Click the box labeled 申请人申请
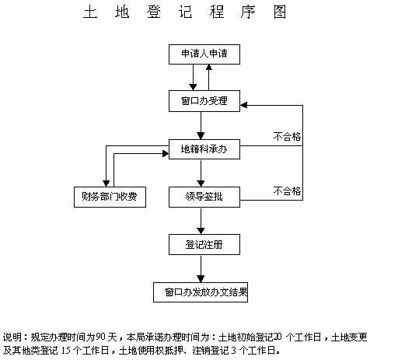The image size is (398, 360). (x=204, y=54)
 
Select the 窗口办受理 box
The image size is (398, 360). (x=204, y=101)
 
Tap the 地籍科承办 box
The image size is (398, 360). (x=204, y=149)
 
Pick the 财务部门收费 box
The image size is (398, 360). (x=110, y=197)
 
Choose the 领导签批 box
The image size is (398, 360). (x=204, y=197)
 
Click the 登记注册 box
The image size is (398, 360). (x=204, y=245)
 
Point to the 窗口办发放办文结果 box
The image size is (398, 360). (x=201, y=292)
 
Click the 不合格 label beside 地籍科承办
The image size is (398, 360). (x=287, y=137)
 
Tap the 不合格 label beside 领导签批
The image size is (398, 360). (x=287, y=191)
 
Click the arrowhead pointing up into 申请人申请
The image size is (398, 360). (x=209, y=68)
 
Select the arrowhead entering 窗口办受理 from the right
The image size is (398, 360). (x=243, y=105)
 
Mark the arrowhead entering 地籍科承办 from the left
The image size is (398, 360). (x=166, y=154)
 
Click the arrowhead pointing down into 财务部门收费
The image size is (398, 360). (x=106, y=183)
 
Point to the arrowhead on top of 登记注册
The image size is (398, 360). (x=201, y=231)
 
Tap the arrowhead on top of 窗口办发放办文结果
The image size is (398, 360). (x=201, y=279)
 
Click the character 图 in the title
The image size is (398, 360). (x=280, y=12)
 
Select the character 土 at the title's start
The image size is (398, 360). (x=90, y=12)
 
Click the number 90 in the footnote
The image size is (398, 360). (x=101, y=337)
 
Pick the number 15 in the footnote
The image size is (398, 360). (x=66, y=351)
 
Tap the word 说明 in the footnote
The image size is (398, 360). (x=12, y=337)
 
